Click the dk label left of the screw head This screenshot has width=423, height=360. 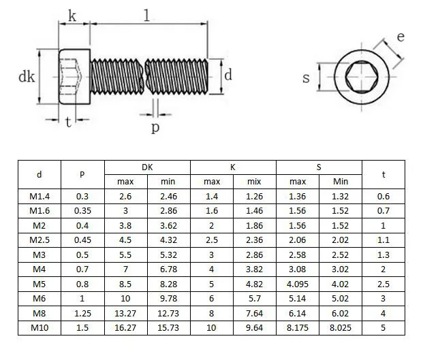27,77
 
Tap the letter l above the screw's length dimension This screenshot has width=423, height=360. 146,16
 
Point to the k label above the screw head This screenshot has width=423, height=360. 72,16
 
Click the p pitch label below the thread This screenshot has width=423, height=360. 155,127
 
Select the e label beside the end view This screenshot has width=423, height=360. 401,37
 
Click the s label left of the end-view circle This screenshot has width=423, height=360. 306,78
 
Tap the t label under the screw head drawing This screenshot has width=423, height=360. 69,122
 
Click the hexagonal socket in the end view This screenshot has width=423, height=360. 362,77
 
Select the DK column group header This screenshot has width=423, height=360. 147,167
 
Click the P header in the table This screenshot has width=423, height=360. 82,175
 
